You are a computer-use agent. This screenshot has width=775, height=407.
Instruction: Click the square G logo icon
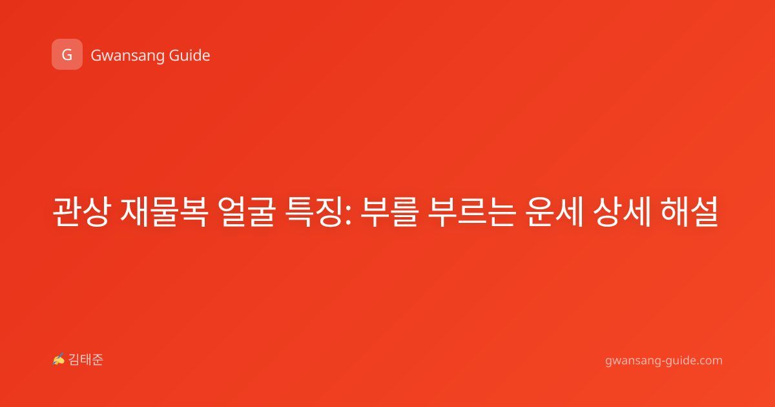[67, 54]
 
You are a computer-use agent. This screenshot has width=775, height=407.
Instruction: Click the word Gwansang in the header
[127, 56]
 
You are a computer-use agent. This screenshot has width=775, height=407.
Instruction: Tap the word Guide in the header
[190, 56]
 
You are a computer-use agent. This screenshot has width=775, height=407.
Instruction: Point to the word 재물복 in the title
[164, 212]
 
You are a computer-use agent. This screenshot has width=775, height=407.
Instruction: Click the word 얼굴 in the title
[247, 212]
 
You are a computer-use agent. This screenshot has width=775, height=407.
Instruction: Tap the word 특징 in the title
[315, 212]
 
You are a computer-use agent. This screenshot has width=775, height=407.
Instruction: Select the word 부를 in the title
[389, 212]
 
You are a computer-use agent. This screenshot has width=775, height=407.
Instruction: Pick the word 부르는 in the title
[472, 212]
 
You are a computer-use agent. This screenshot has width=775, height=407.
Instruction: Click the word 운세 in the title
[554, 212]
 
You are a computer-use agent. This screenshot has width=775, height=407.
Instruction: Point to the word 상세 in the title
[622, 212]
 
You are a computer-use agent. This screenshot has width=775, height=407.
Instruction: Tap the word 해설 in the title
[690, 212]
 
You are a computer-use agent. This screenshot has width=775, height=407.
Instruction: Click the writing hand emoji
[59, 359]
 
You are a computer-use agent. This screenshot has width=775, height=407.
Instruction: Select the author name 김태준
[86, 360]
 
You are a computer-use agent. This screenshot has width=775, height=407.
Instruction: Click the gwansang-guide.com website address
[664, 360]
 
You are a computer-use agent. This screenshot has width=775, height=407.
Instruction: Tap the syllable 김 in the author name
[74, 360]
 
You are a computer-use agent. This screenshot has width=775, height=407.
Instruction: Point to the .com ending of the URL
[708, 360]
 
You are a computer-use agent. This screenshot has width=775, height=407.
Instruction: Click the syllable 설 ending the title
[705, 212]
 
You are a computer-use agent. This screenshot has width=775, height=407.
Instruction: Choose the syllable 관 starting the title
[67, 212]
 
